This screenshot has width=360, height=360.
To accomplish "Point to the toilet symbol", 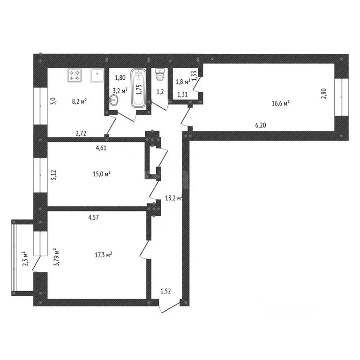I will point(160,74).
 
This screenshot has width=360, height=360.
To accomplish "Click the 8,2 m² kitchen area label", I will point(80,100).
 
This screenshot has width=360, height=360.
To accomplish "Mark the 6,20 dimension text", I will point(262,126).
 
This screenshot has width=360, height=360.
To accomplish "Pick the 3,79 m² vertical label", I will point(56,257).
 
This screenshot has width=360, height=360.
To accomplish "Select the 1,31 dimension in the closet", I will point(183,94).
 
